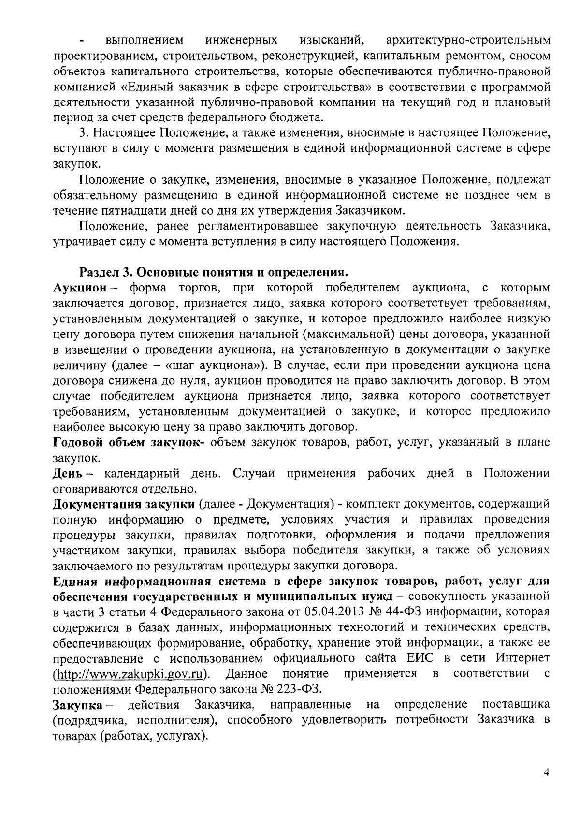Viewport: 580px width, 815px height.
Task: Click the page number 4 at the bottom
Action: point(546,772)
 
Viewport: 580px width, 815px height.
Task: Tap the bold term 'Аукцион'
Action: point(79,288)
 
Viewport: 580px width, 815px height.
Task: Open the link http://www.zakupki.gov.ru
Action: point(130,674)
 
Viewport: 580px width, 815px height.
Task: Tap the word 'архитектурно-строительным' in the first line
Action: point(468,41)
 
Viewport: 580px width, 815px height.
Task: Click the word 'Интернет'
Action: point(522,658)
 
